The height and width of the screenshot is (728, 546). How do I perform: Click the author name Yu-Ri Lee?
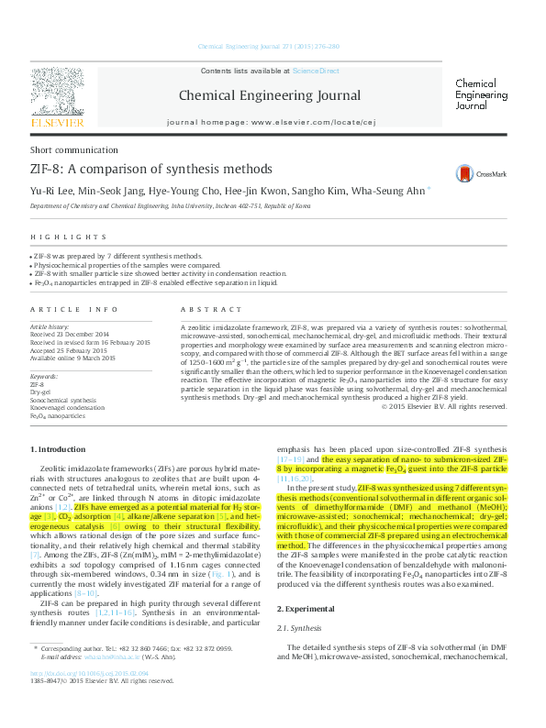[x=50, y=192]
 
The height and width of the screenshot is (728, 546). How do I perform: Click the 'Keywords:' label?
[x=45, y=377]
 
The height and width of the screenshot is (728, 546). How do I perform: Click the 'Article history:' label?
[x=50, y=326]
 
